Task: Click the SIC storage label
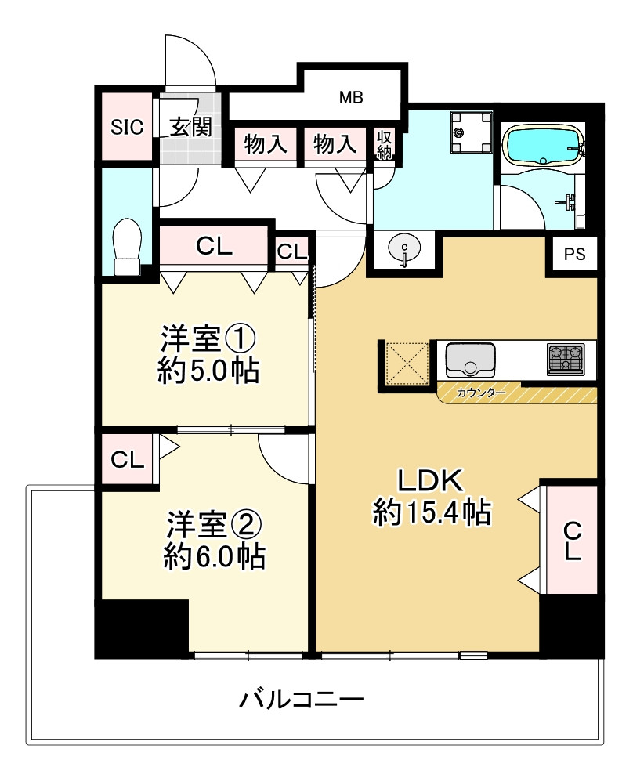tap(127, 126)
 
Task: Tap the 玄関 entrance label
tap(191, 126)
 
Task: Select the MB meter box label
tap(351, 98)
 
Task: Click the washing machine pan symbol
tap(472, 132)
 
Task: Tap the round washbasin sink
tap(404, 248)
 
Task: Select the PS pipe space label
tap(574, 254)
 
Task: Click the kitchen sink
tap(470, 360)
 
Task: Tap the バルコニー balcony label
tap(302, 697)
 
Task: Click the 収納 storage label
tap(384, 144)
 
